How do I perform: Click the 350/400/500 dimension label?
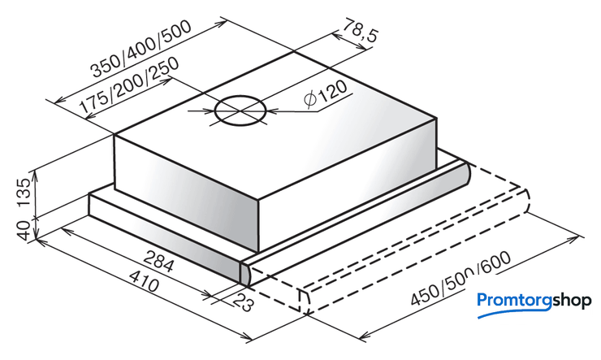click(x=141, y=49)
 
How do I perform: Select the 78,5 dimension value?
click(x=360, y=30)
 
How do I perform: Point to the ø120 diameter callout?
click(x=326, y=95)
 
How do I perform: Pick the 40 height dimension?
click(x=24, y=231)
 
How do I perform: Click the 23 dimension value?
click(x=244, y=302)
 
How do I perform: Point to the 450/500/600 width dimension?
click(x=460, y=279)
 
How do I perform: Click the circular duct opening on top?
click(x=240, y=111)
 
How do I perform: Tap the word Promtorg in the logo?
click(x=514, y=301)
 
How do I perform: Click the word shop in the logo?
click(x=572, y=301)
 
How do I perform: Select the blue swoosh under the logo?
click(x=514, y=313)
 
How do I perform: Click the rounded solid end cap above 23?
click(x=245, y=274)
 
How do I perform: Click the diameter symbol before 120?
click(x=309, y=100)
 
